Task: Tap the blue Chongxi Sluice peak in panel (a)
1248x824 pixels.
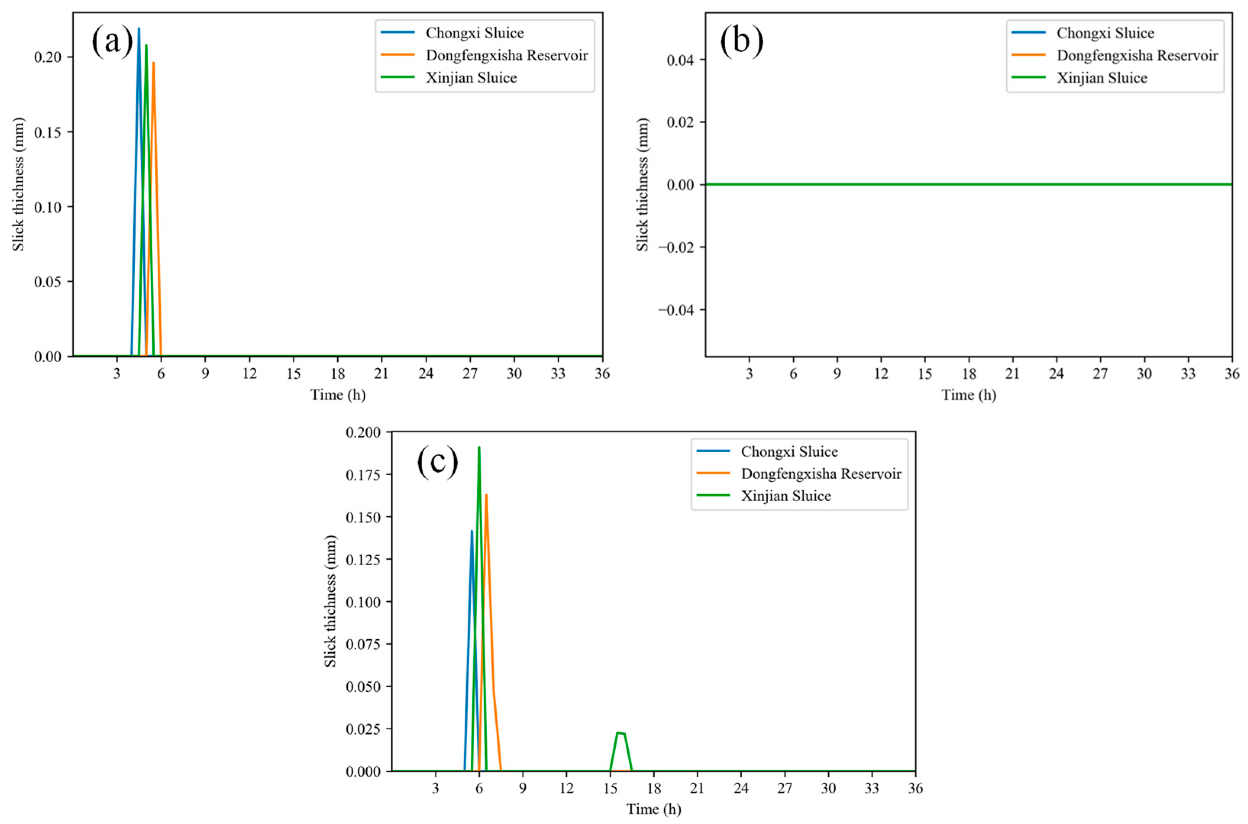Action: [x=139, y=29]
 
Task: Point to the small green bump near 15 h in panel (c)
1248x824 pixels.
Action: [x=621, y=733]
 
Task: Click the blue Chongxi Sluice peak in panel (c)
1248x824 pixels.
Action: [x=471, y=532]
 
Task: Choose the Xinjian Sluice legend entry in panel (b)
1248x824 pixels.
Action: [x=1101, y=78]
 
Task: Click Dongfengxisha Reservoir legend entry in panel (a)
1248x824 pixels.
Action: [x=506, y=55]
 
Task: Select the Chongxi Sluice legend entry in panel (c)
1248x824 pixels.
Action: [x=789, y=452]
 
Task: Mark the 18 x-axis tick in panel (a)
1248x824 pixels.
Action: [x=337, y=374]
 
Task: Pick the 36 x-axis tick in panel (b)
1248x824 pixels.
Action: [x=1232, y=374]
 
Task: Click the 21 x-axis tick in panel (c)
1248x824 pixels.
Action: [x=697, y=788]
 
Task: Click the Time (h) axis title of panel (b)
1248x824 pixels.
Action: [x=968, y=395]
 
